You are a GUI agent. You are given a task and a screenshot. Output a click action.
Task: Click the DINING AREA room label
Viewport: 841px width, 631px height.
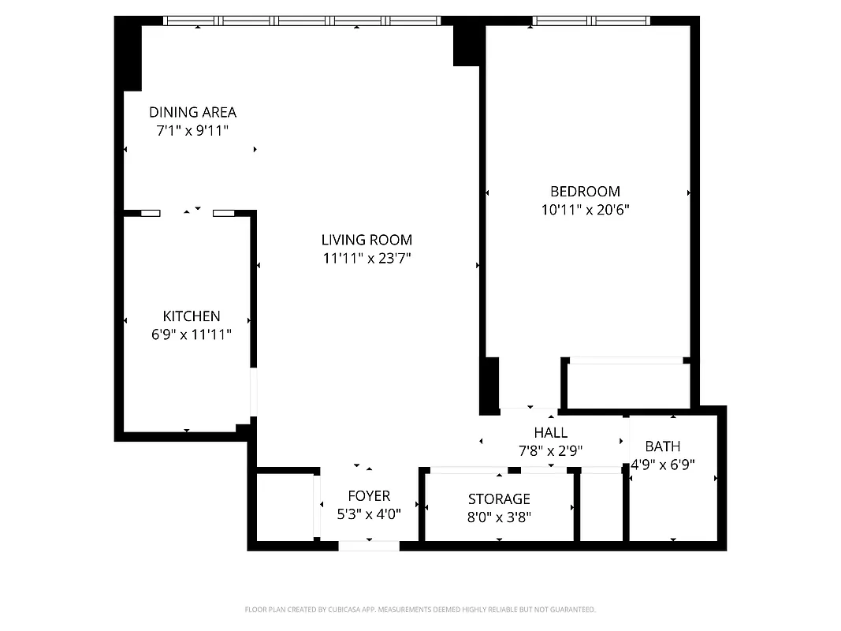click(192, 112)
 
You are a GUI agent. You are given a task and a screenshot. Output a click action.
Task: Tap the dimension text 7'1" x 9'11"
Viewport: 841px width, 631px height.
click(192, 131)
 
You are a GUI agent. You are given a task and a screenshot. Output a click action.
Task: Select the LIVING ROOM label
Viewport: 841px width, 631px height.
click(367, 240)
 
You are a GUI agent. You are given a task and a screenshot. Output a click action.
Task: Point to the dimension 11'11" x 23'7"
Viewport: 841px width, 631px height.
click(367, 258)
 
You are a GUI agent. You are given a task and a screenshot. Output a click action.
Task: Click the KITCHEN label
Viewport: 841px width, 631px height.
click(192, 315)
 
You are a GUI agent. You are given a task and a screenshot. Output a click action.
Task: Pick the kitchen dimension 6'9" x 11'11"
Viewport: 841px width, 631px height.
click(192, 334)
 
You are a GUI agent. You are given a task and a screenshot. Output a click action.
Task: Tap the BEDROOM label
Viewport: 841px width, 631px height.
click(585, 191)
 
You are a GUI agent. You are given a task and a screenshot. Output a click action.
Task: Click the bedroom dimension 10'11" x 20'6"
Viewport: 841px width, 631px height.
click(585, 210)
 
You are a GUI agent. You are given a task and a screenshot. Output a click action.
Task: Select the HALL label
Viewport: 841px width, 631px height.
click(550, 432)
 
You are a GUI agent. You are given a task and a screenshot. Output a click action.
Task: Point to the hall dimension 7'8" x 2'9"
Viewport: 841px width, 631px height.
click(550, 450)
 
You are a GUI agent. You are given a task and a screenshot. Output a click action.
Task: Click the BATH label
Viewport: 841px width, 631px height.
click(662, 446)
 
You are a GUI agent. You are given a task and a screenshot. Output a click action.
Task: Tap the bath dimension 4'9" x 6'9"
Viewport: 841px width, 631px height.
click(662, 465)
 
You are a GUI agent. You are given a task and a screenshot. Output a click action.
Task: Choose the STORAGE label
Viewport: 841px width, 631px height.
click(499, 498)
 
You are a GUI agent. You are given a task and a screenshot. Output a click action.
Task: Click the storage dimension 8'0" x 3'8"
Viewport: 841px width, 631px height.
click(499, 517)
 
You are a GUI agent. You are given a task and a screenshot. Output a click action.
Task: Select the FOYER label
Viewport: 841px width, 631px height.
click(369, 495)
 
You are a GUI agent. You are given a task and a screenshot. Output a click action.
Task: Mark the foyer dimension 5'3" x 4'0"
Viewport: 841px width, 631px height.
click(369, 514)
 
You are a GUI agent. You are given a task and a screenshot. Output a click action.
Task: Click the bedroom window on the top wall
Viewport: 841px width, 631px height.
click(591, 21)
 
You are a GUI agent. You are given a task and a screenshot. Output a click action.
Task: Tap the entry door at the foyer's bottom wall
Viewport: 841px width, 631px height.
click(369, 545)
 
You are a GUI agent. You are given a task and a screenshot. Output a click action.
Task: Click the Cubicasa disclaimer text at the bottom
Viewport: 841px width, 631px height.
click(420, 609)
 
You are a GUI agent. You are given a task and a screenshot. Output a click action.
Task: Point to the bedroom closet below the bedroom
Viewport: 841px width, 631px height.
click(627, 386)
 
